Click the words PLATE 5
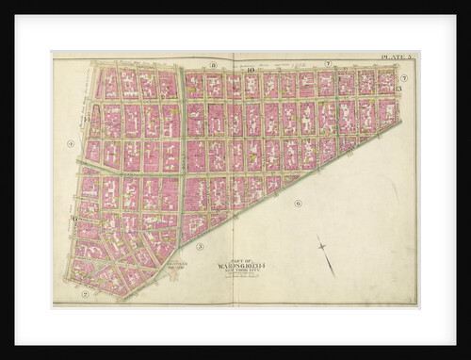pos(397,58)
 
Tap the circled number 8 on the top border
pos(214,63)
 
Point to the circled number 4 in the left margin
pos(71,143)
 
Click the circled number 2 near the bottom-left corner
pos(85,293)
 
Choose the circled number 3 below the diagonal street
pos(199,246)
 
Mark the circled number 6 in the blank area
pos(298,203)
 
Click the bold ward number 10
pos(251,70)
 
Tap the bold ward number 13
pos(398,89)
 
